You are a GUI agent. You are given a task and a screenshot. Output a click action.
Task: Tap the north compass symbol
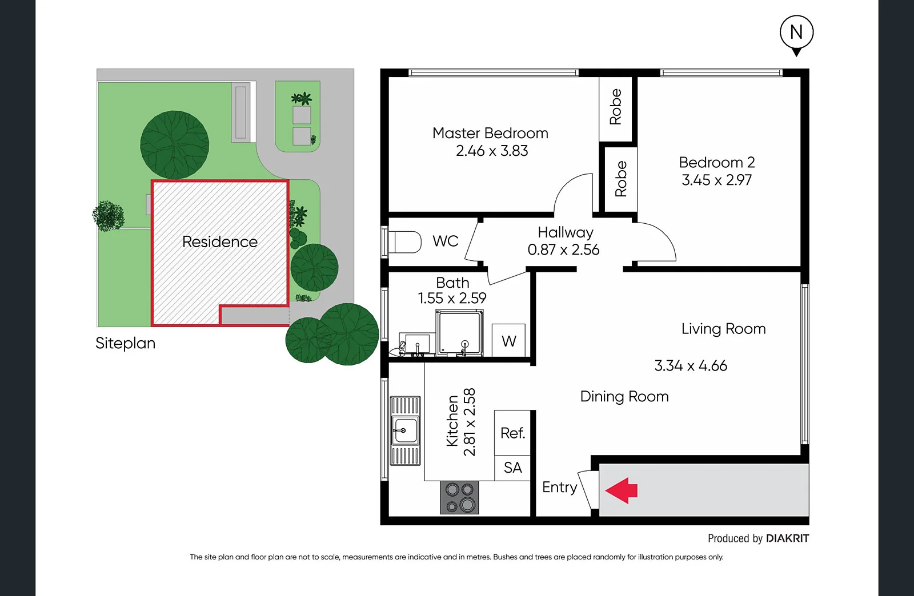point(796,33)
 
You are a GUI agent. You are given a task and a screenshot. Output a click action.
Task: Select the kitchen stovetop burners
point(460,497)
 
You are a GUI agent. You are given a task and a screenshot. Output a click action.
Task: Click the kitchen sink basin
point(404,430)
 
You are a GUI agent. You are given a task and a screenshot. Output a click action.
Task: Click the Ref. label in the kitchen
point(512,433)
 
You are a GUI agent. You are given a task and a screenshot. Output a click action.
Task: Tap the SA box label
point(512,468)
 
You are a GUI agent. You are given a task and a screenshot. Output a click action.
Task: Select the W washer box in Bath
point(508,341)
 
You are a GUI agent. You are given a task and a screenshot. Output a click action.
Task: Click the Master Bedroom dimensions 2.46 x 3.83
point(492,151)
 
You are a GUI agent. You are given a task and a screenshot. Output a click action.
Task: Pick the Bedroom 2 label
point(717,163)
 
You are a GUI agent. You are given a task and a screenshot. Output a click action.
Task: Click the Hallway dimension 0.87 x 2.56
point(563,250)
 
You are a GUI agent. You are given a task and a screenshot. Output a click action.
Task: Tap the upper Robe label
point(615,107)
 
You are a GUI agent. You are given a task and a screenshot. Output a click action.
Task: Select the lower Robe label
point(621,179)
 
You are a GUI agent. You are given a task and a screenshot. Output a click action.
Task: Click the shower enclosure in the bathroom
point(460,333)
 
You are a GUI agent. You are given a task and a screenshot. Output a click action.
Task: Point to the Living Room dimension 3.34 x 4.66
point(691,366)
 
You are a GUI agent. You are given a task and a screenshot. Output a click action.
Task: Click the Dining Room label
point(624,397)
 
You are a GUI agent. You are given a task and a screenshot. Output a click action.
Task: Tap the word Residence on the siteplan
point(220,242)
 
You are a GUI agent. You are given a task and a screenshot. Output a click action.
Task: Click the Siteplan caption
point(125,343)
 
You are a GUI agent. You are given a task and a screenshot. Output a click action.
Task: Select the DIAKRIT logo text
point(787,538)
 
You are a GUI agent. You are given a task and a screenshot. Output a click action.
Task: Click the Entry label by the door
point(559,488)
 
